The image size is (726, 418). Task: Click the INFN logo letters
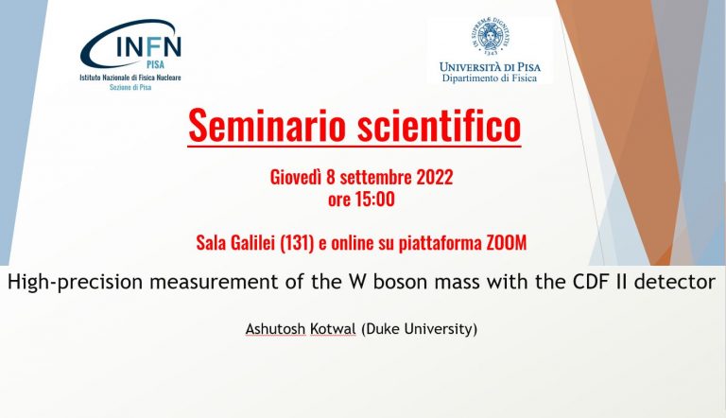pyautogui.click(x=148, y=46)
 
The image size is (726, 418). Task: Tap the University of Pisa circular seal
pyautogui.click(x=490, y=35)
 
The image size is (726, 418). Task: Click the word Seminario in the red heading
pyautogui.click(x=268, y=125)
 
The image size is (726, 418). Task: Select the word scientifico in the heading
pyautogui.click(x=439, y=125)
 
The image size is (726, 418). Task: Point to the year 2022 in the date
pyautogui.click(x=434, y=178)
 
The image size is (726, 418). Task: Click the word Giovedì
pyautogui.click(x=295, y=178)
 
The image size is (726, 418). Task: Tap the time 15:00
pyautogui.click(x=374, y=200)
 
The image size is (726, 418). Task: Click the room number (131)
pyautogui.click(x=297, y=242)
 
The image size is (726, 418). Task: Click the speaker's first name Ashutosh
pyautogui.click(x=275, y=329)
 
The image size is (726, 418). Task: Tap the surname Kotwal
pyautogui.click(x=333, y=329)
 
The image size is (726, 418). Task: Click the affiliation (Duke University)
pyautogui.click(x=419, y=329)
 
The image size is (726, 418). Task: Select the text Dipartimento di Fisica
pyautogui.click(x=490, y=78)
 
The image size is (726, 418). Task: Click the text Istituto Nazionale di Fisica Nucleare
pyautogui.click(x=130, y=78)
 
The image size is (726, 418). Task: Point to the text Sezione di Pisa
pyautogui.click(x=130, y=87)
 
